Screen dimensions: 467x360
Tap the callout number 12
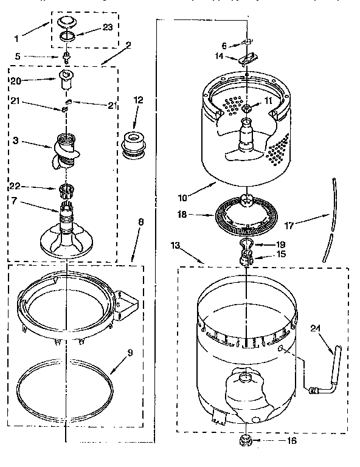point(138,99)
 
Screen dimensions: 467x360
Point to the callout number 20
point(16,80)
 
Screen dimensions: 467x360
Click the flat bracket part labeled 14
point(246,60)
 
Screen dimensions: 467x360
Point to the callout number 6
point(224,45)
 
